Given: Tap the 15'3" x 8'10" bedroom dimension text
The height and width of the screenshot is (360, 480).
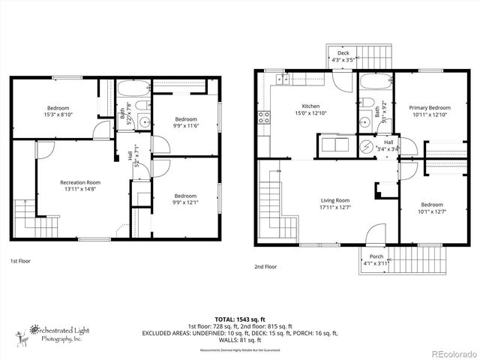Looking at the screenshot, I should [x=58, y=115].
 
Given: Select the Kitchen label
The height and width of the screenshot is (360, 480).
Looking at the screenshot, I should [x=310, y=106].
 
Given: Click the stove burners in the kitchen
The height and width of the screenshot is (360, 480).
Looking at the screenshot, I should [x=264, y=117].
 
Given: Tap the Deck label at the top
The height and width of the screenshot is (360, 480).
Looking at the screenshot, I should [x=343, y=53].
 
